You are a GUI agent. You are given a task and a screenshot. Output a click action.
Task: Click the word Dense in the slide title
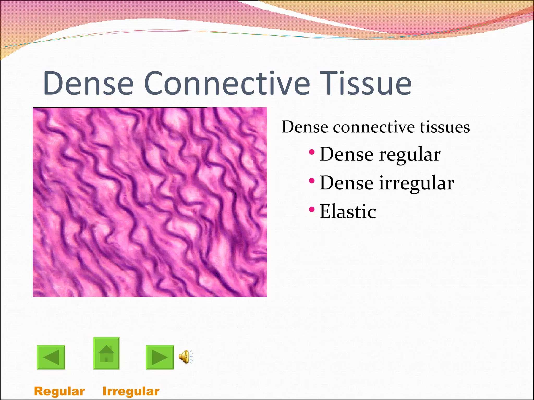pyautogui.click(x=88, y=83)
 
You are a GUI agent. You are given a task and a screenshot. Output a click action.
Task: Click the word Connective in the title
pyautogui.click(x=227, y=83)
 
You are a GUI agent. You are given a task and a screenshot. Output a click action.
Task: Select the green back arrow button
pyautogui.click(x=51, y=357)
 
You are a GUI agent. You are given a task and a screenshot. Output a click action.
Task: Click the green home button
pyautogui.click(x=106, y=353)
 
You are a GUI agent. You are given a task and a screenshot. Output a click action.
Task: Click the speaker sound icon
pyautogui.click(x=185, y=357)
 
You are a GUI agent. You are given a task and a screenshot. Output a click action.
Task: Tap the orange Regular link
pyautogui.click(x=59, y=391)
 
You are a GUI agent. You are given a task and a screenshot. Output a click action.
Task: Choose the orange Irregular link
pyautogui.click(x=131, y=391)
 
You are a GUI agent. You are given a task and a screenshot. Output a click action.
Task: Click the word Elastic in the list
pyautogui.click(x=348, y=211)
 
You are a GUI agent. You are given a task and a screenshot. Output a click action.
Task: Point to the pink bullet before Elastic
pyautogui.click(x=311, y=209)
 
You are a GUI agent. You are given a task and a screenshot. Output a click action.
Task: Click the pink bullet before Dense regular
pyautogui.click(x=311, y=152)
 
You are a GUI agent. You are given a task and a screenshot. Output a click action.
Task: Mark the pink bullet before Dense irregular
pyautogui.click(x=311, y=180)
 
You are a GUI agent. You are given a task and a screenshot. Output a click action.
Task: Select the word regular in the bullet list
pyautogui.click(x=410, y=155)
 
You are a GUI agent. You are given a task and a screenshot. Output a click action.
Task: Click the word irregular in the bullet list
pyautogui.click(x=416, y=183)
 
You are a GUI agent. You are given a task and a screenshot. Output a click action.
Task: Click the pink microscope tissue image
pyautogui.click(x=150, y=202)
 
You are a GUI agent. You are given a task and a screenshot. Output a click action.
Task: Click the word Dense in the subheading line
pyautogui.click(x=305, y=127)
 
